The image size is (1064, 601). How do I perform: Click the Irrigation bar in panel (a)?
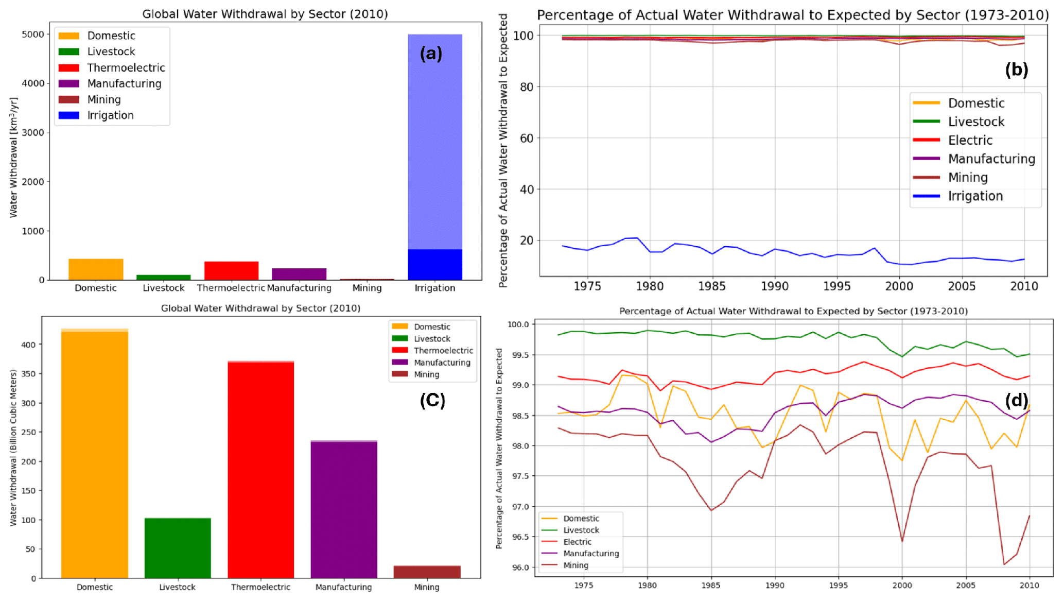434,154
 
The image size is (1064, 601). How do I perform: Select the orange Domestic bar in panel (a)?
96,269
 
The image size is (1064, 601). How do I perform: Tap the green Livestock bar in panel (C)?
178,548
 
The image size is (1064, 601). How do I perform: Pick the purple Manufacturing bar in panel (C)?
344,510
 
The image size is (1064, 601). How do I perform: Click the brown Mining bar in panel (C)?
427,572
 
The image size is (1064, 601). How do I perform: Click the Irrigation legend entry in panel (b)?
975,196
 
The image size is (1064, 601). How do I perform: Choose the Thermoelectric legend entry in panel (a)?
126,68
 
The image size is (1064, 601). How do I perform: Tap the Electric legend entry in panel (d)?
577,542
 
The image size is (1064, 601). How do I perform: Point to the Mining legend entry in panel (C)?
426,374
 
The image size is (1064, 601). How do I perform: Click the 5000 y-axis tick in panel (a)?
33,35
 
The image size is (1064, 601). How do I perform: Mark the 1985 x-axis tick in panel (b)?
712,286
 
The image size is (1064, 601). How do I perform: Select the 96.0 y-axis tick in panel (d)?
518,567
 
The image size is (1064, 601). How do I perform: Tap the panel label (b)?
1016,70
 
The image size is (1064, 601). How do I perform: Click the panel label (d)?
1016,400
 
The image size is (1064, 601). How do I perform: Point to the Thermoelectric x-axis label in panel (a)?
231,288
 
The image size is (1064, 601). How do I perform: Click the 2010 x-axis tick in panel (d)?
1029,586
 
